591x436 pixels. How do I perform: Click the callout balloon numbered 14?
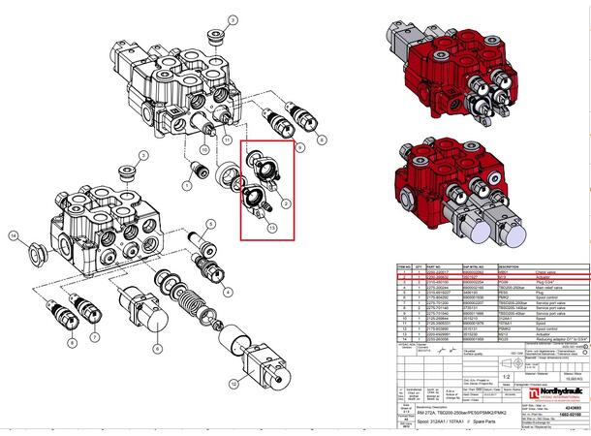(14, 235)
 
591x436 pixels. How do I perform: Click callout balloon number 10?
(204, 150)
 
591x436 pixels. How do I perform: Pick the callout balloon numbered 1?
(186, 185)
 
